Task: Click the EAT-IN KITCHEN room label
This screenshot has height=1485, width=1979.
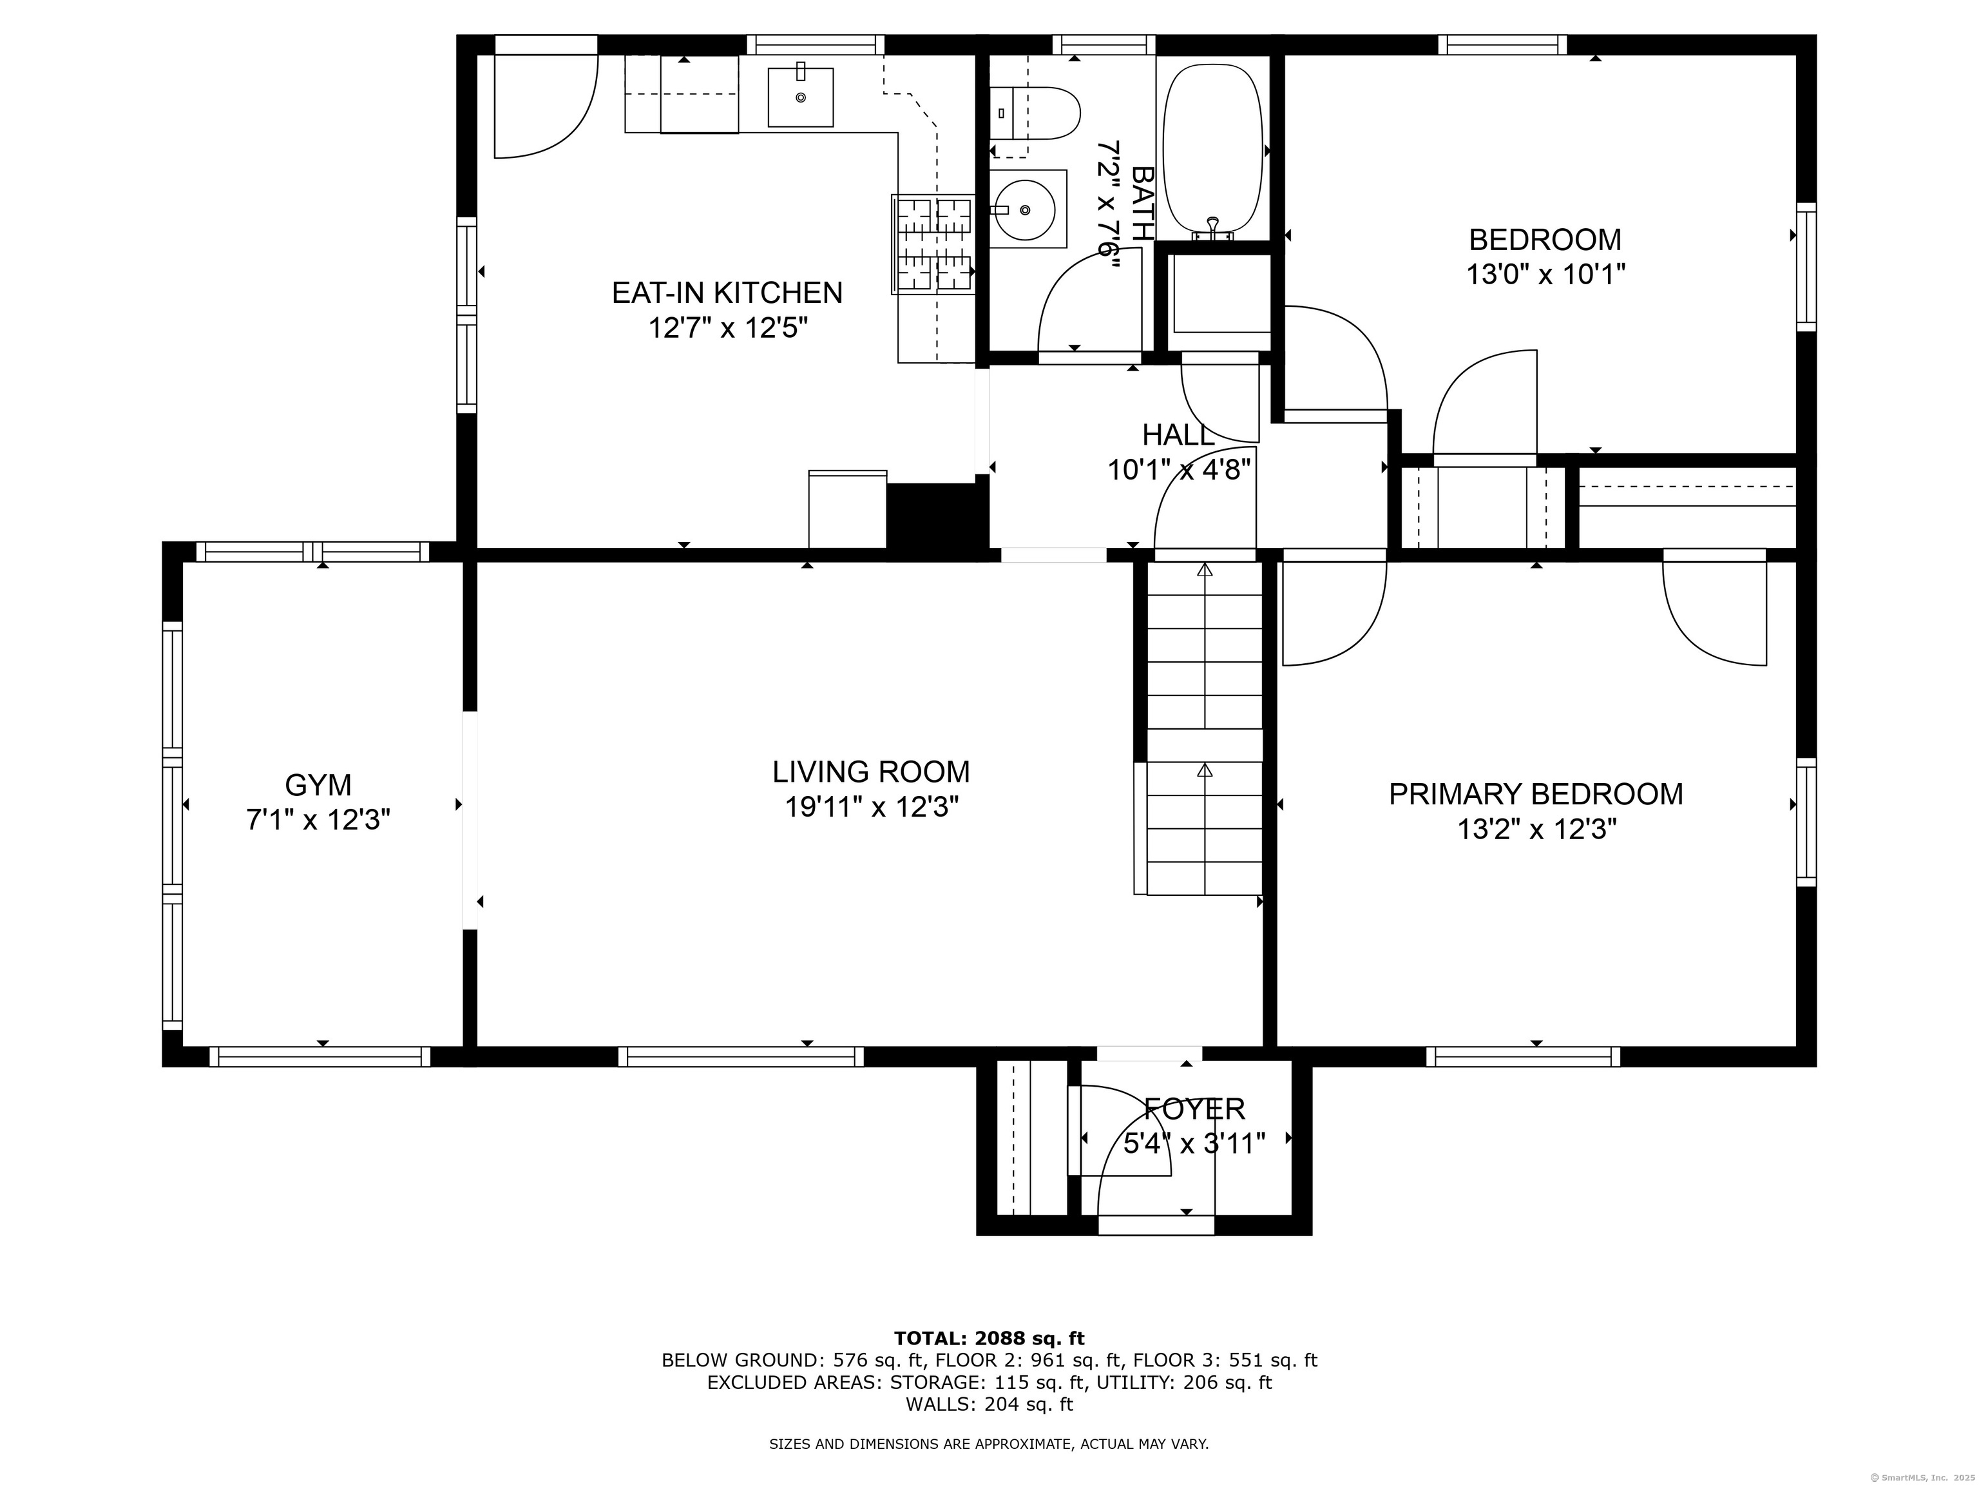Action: click(x=727, y=293)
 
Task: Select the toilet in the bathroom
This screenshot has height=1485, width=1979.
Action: click(x=1035, y=113)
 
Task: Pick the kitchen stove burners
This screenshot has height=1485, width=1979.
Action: click(x=935, y=244)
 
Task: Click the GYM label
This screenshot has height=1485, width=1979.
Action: click(x=318, y=785)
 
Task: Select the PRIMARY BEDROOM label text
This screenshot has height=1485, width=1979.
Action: click(x=1535, y=794)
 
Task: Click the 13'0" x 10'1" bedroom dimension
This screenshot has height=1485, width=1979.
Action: click(x=1545, y=274)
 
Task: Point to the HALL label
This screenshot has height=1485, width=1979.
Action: click(x=1178, y=435)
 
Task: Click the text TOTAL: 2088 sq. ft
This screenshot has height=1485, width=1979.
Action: click(x=989, y=1338)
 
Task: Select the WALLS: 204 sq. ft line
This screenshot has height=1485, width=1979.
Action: click(x=989, y=1404)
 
